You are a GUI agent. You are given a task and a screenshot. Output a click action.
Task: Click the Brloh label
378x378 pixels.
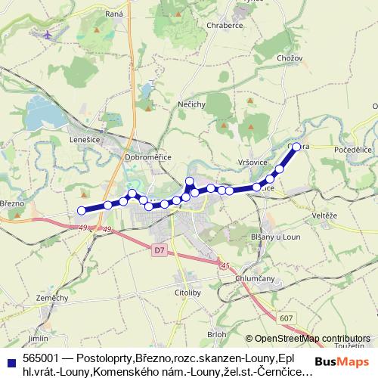tap(216, 333)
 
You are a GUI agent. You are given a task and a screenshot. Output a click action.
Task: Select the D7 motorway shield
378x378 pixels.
tap(158, 249)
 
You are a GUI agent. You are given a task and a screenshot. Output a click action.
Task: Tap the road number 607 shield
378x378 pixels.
tap(283, 319)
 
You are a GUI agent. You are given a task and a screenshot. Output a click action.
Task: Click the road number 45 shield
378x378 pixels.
tap(225, 265)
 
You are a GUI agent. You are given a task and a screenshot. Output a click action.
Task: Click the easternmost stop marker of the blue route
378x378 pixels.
tap(296, 147)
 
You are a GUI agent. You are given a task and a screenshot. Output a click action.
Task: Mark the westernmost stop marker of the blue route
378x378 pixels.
tap(82, 211)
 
